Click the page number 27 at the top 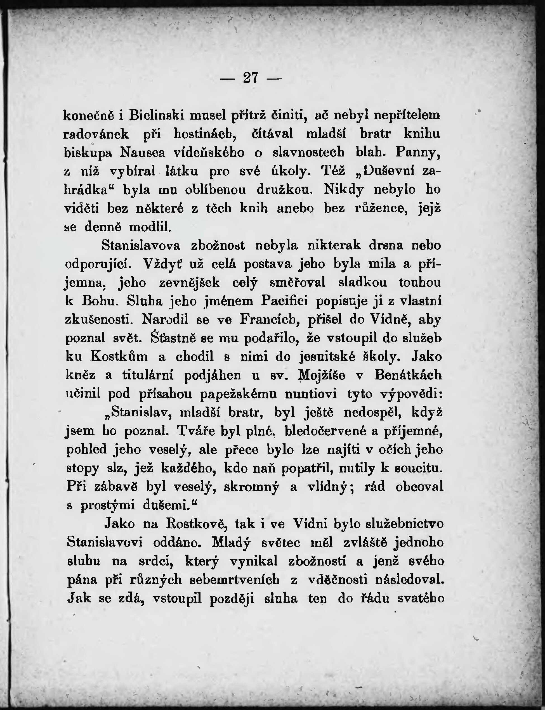click(x=251, y=78)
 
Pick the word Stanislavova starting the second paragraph click(x=141, y=245)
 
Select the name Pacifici click(x=284, y=301)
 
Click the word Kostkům click(x=119, y=357)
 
